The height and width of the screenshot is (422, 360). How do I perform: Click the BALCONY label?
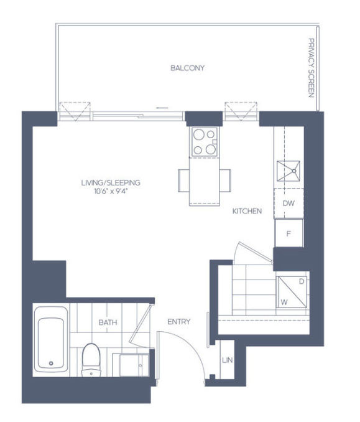click(187, 68)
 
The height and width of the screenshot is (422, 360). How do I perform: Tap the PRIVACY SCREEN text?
click(311, 68)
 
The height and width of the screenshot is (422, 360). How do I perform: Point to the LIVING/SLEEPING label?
click(111, 183)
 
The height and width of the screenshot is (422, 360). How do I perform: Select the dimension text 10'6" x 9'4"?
click(111, 191)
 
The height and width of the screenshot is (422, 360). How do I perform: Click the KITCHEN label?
click(247, 211)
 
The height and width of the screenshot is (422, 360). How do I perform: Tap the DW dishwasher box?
click(288, 204)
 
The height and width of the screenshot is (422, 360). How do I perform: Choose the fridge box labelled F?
click(288, 233)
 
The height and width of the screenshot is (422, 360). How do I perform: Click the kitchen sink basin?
click(288, 171)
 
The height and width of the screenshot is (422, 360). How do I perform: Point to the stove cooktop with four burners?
click(205, 142)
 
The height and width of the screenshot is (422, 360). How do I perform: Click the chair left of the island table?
click(184, 181)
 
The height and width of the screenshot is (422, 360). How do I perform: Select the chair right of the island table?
click(225, 181)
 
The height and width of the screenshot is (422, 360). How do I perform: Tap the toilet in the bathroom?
click(91, 360)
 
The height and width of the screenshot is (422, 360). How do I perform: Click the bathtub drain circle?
click(51, 363)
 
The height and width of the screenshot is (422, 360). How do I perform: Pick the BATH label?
click(108, 322)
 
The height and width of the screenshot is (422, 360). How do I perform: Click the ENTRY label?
click(179, 322)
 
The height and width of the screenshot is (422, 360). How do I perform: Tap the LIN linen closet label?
click(227, 360)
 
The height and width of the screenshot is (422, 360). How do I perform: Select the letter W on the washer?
click(284, 302)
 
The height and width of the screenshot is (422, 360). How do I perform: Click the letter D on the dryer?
click(302, 281)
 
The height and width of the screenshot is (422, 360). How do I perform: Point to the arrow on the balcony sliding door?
click(162, 108)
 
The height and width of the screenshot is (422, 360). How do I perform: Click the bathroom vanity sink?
click(134, 365)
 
